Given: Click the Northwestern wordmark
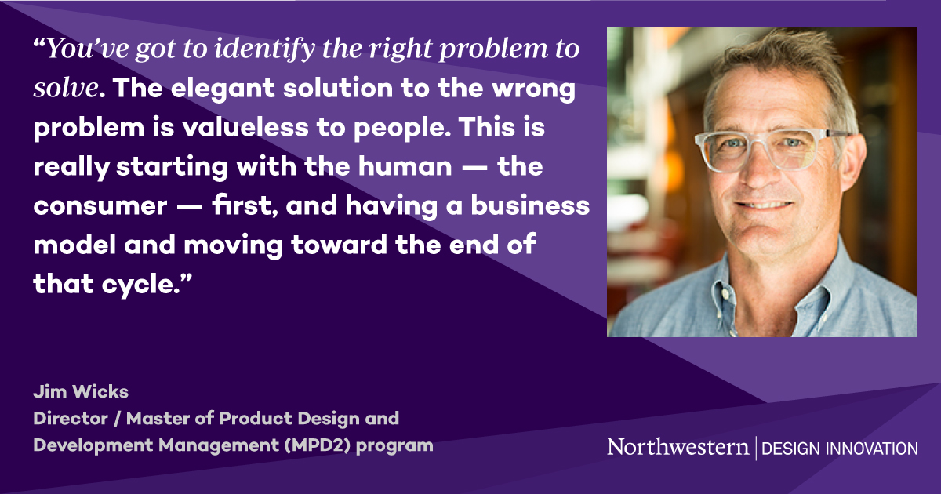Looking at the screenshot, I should (x=678, y=447).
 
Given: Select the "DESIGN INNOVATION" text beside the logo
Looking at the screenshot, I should (x=839, y=448).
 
